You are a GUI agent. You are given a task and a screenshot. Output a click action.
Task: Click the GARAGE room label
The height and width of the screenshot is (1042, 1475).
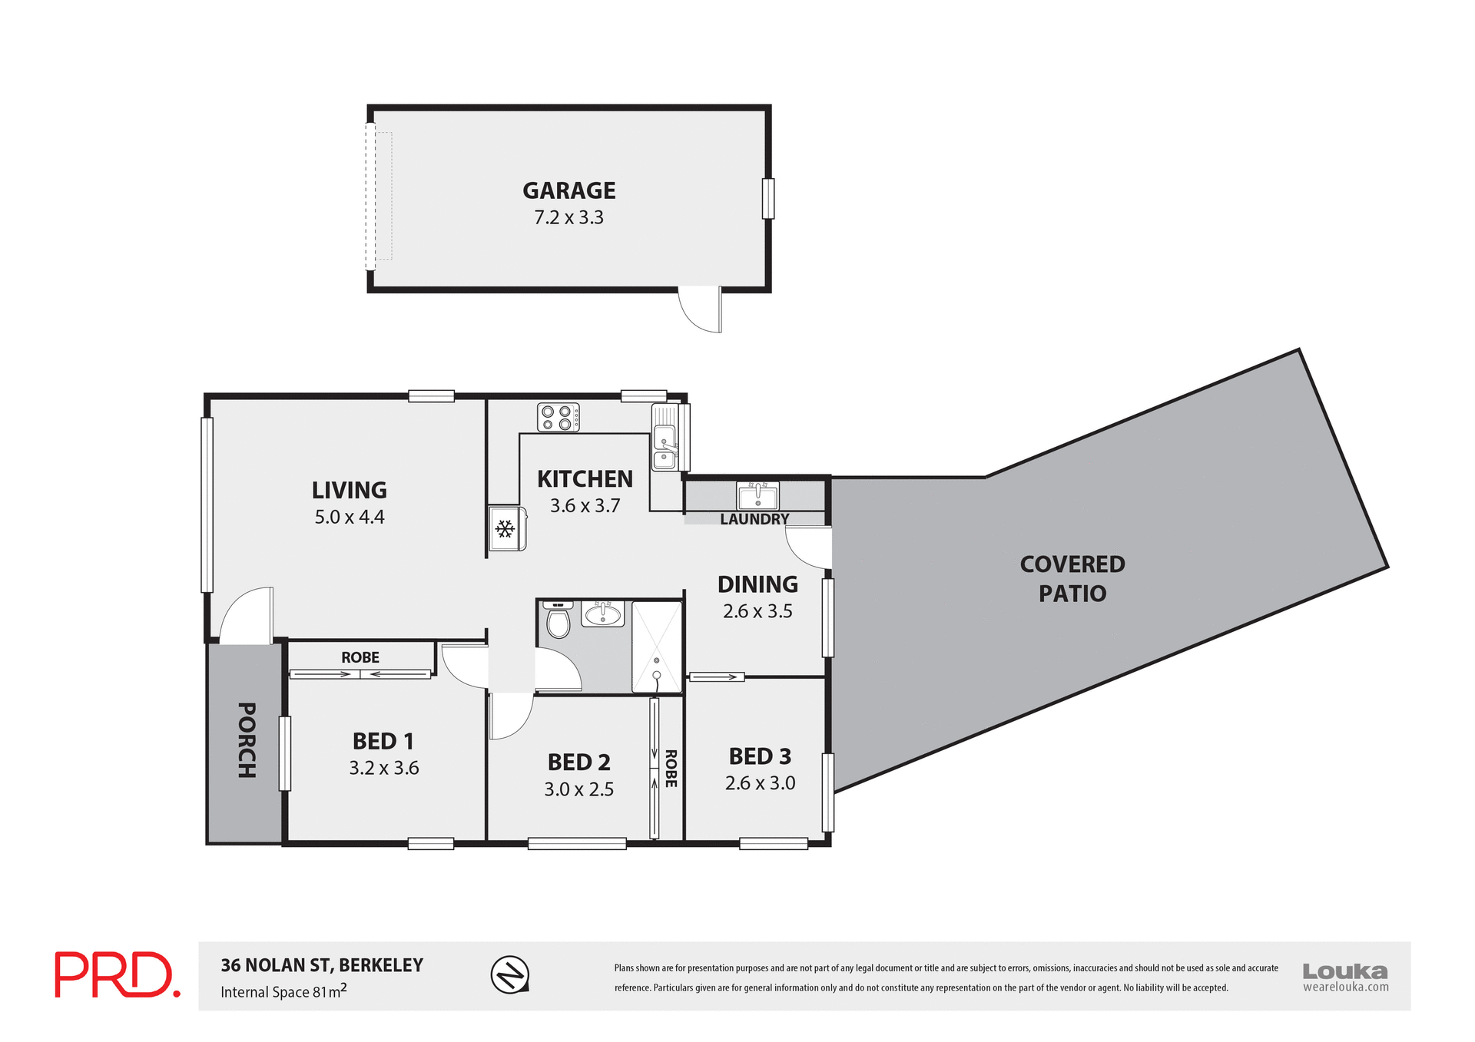[x=568, y=190]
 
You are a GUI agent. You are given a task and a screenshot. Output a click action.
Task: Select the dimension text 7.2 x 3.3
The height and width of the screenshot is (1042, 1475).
[x=568, y=218]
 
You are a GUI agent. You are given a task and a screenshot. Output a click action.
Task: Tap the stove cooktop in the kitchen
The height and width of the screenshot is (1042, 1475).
[x=558, y=417]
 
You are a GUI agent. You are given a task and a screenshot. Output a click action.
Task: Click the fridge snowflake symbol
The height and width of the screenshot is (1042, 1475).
[x=505, y=528]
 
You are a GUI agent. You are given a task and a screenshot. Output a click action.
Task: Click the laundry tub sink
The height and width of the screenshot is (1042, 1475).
[x=757, y=496]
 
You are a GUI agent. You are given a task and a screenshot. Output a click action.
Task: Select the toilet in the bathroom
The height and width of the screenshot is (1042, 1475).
[x=558, y=620]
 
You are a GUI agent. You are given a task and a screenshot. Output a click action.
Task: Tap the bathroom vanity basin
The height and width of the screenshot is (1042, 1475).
[x=603, y=614]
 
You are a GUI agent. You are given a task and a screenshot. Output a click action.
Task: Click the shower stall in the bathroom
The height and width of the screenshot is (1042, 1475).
[x=657, y=647]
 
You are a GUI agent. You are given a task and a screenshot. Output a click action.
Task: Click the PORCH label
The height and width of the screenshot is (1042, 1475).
[x=247, y=740]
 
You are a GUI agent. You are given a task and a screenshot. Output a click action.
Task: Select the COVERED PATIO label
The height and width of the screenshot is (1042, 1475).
[x=1072, y=579]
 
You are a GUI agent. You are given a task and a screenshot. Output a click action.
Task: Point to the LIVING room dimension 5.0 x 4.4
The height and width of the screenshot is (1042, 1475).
[x=350, y=518]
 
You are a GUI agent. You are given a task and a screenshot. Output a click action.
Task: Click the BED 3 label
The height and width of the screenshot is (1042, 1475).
[x=760, y=756]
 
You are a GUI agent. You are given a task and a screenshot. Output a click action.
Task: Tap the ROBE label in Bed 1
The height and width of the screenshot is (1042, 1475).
[x=360, y=657]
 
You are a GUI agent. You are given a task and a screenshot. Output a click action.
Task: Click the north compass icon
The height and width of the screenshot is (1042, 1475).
[x=510, y=975]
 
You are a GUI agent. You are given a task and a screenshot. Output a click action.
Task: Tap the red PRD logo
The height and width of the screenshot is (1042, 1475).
[x=117, y=975]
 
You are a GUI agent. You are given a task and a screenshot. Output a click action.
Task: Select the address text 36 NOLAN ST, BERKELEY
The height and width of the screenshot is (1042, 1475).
[x=322, y=965]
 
